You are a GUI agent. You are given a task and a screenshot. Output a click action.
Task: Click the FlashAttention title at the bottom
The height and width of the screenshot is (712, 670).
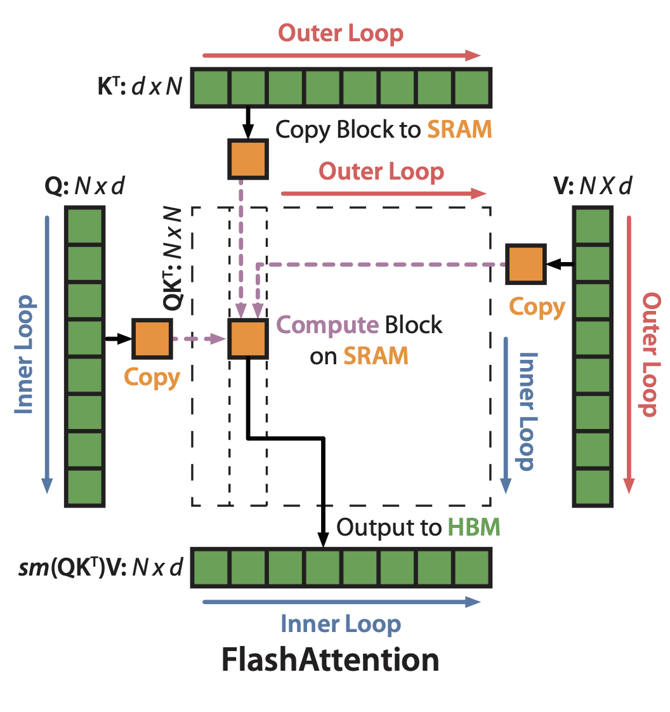coord(330,661)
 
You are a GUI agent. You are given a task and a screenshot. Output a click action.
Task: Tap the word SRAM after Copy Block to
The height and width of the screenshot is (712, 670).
coord(459,129)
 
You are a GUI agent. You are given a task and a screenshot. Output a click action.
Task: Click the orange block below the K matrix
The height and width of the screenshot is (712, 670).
coord(248,159)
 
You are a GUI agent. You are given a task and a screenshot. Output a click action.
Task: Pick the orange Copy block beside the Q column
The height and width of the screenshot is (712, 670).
coord(152,340)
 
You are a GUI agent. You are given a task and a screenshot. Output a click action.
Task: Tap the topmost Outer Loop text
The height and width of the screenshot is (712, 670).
coord(341,34)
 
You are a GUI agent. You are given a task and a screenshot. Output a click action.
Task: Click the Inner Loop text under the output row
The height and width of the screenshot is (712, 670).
coord(341,624)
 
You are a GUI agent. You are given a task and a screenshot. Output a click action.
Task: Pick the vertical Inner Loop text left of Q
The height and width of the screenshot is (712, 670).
coord(25,354)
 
